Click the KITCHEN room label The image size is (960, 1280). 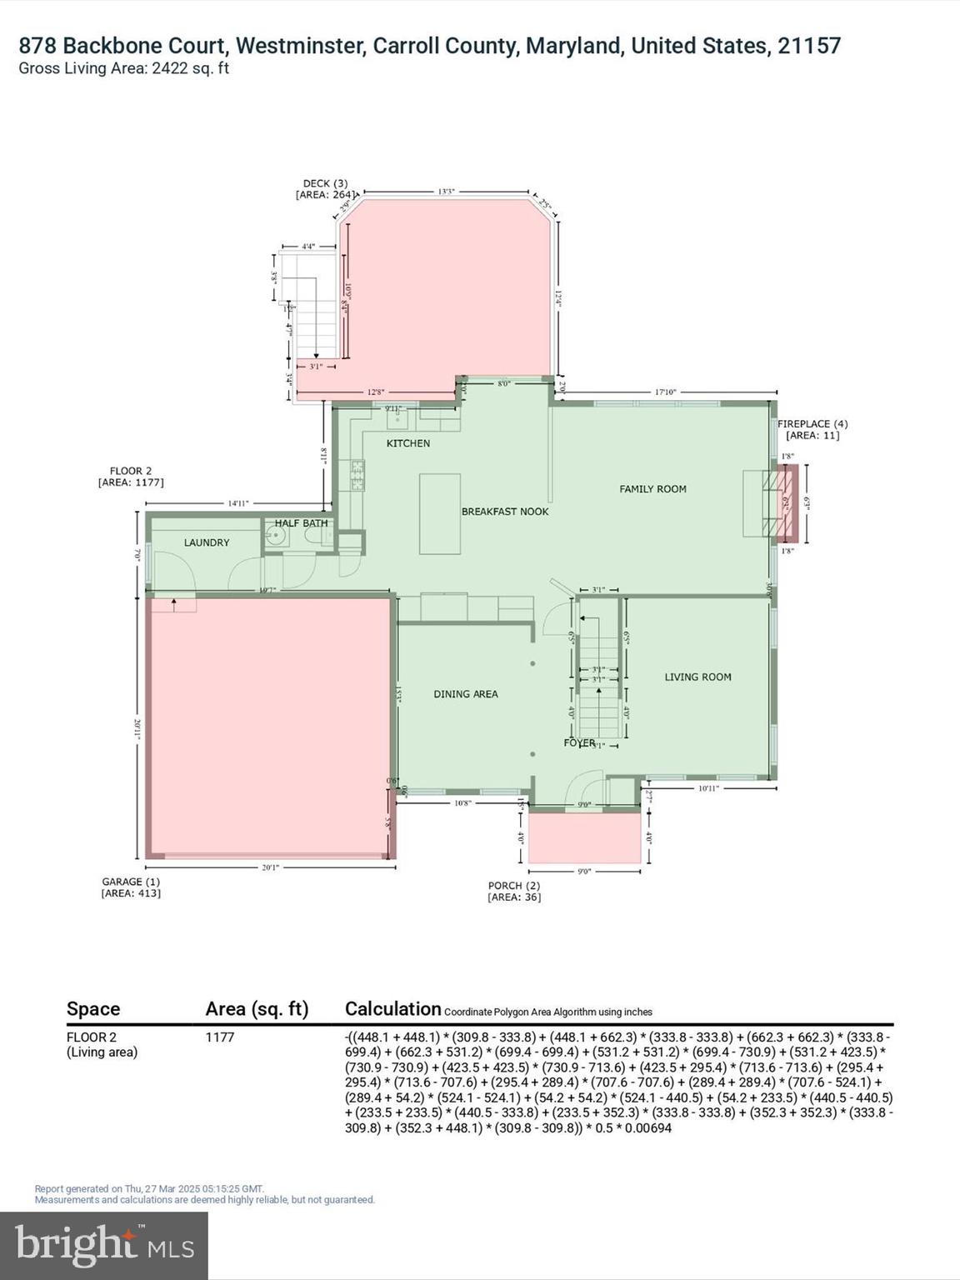tap(408, 443)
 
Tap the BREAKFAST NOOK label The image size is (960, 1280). tap(505, 512)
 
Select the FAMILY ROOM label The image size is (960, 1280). tap(652, 489)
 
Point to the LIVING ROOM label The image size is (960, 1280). tap(697, 677)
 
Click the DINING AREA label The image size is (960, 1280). tap(466, 694)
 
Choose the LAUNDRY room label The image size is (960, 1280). tap(207, 542)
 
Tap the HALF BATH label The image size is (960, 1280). tap(301, 523)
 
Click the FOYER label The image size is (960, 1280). tap(579, 742)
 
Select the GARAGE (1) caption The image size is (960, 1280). tap(131, 882)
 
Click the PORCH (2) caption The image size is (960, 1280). tap(514, 886)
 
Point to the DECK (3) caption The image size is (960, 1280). tap(325, 183)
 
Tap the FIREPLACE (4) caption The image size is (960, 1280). tap(812, 424)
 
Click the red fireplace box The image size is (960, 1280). tap(787, 503)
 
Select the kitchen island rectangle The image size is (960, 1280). tap(440, 513)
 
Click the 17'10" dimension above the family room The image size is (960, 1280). tap(665, 392)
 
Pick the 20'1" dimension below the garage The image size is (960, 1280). tap(270, 867)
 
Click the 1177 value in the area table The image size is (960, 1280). tap(220, 1037)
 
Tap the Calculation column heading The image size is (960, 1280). tap(392, 1009)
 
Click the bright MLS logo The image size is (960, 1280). tap(104, 1245)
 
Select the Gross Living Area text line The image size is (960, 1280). tap(124, 69)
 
